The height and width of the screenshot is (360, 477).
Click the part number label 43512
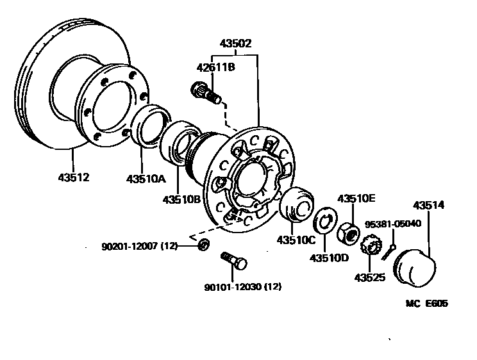74,177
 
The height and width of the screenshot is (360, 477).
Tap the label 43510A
146,179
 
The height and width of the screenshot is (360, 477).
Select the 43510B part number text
181,199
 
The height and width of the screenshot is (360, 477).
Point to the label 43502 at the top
236,44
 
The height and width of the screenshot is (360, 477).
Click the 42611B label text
215,67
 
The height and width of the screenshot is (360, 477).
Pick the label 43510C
296,240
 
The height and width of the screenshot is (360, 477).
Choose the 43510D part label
329,258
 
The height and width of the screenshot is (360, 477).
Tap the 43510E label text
356,199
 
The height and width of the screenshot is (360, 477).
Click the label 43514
428,205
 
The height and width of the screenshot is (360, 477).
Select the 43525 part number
370,277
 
